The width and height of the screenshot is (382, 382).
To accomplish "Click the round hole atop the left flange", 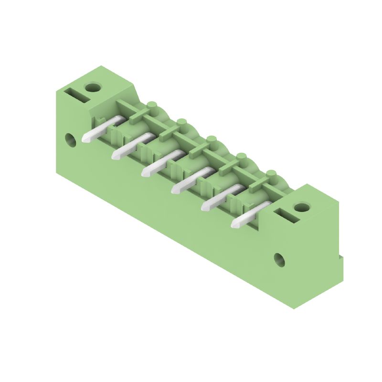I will (x=93, y=87).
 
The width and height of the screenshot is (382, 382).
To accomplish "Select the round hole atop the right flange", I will (x=301, y=207).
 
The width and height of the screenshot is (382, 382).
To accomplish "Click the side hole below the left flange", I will (x=71, y=139).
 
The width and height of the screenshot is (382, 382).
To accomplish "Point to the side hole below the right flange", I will (x=279, y=260).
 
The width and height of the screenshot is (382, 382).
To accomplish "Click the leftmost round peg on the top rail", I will (x=152, y=105).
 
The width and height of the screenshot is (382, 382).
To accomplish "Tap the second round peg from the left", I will (x=181, y=122).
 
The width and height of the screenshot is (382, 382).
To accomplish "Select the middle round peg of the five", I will (x=212, y=139).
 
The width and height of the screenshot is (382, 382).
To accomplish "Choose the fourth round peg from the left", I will (x=242, y=156).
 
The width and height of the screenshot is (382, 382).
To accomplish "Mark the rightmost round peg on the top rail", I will (x=271, y=173).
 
